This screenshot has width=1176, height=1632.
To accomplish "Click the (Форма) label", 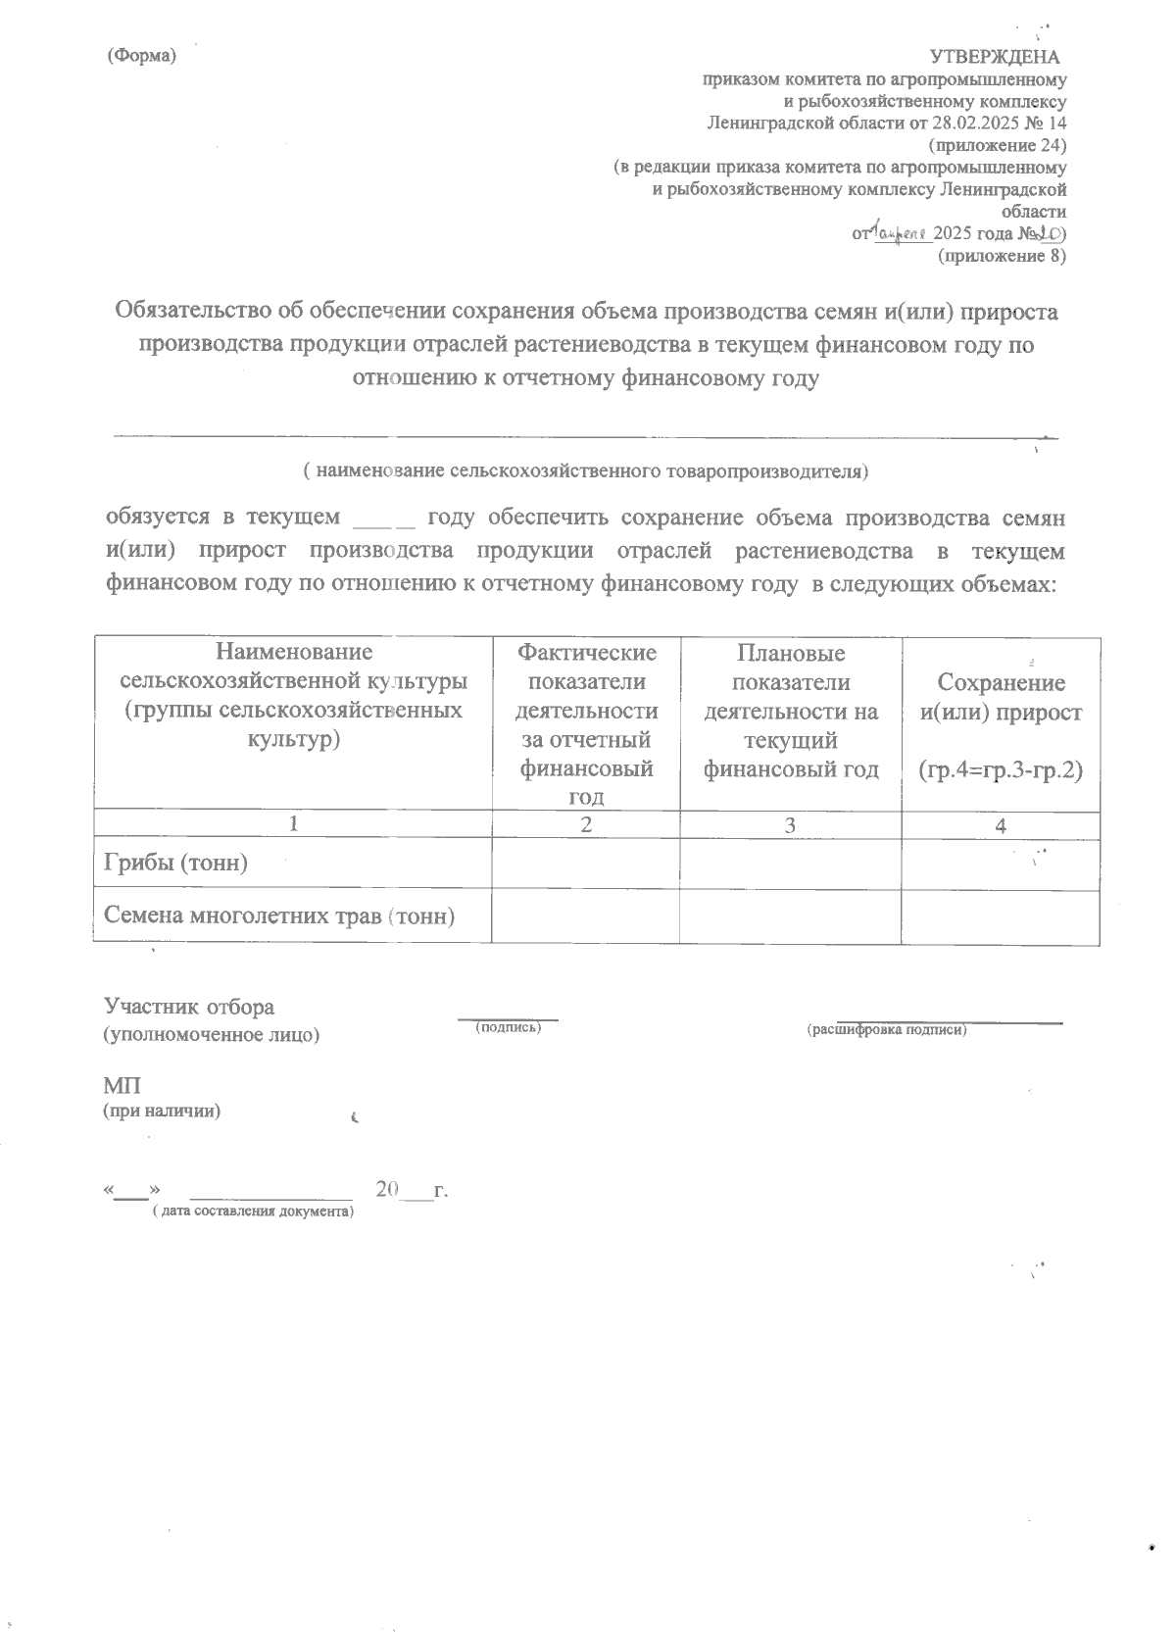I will (141, 56).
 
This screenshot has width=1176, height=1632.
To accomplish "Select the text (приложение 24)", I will (997, 146).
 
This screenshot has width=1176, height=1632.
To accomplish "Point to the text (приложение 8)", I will (1002, 256).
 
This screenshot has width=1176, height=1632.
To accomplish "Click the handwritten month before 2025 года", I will (900, 233).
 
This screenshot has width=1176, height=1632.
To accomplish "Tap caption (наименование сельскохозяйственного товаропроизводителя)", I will (586, 470).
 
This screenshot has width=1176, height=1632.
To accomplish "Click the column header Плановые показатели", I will (790, 667).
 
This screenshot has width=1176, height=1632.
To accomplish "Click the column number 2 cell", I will (585, 825).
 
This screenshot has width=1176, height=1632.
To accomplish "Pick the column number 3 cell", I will (790, 825).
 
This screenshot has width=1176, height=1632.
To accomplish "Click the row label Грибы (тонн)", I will (176, 863).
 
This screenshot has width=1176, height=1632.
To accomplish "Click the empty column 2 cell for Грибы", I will (585, 864).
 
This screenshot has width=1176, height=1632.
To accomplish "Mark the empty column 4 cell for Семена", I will (1000, 916).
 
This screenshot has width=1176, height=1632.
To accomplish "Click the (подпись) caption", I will (508, 1027).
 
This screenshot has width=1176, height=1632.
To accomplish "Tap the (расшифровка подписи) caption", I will (886, 1029).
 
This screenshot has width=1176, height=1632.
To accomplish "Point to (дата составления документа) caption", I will (252, 1212).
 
